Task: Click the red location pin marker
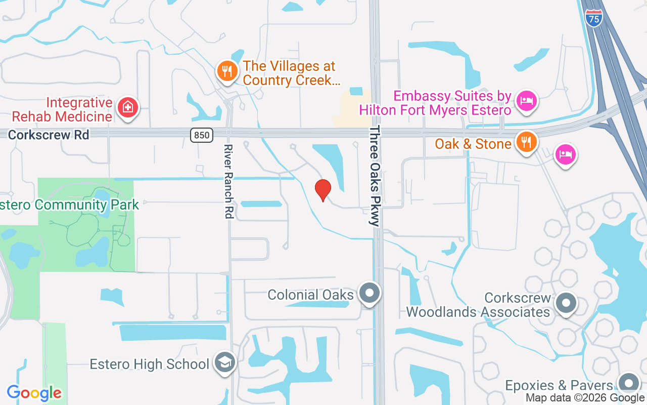coord(322,190)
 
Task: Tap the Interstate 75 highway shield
coord(593,19)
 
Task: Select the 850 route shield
coord(202,135)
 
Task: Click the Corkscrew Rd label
coord(49,135)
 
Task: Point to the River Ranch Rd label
coord(228,182)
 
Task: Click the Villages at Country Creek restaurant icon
coord(227,70)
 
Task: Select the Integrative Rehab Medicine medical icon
coord(128,107)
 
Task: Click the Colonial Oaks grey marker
coord(369,293)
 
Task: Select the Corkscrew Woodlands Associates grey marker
coord(566,303)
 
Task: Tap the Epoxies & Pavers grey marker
coord(629,383)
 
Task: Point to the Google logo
coord(34,393)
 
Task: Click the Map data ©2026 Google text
coord(585,398)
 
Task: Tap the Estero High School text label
coord(149,364)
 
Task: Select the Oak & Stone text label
coord(473,144)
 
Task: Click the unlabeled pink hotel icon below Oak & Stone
coord(565,153)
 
